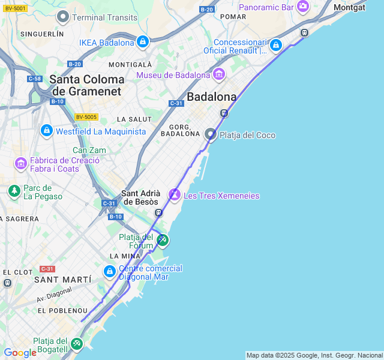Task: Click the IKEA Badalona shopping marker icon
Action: (x=142, y=42)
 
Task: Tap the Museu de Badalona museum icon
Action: (x=218, y=75)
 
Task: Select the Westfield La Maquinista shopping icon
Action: (x=46, y=130)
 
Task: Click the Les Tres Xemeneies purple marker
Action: (x=175, y=195)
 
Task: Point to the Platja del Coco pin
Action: (x=210, y=134)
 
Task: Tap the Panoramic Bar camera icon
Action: (x=303, y=7)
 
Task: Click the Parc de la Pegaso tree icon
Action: (x=14, y=191)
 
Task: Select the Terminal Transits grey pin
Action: (x=62, y=17)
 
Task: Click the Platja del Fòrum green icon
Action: (x=162, y=241)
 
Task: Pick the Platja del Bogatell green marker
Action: (x=76, y=344)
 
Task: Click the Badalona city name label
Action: (x=211, y=97)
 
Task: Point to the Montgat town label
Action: (x=349, y=7)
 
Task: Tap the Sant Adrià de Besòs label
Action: (x=141, y=197)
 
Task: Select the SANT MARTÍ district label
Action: (x=63, y=280)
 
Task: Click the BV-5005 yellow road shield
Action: (x=86, y=117)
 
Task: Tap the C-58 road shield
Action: (x=34, y=79)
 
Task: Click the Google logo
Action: (x=20, y=353)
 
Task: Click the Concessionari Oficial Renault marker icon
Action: (x=275, y=45)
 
